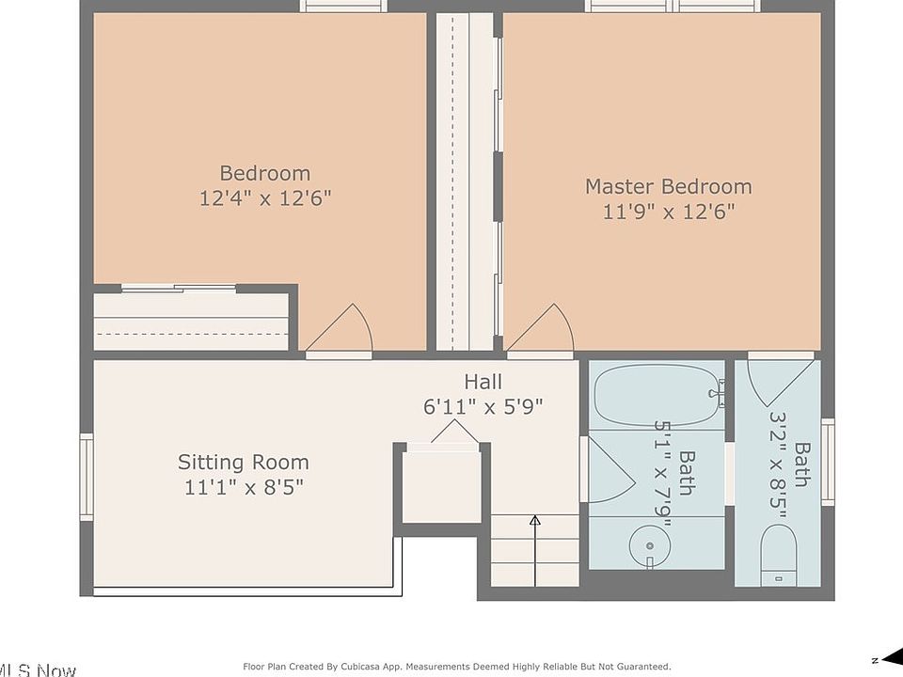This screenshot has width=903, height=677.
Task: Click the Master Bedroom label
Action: [669, 186]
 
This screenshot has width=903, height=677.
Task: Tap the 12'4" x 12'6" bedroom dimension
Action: [265, 198]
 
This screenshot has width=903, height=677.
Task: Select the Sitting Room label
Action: [243, 463]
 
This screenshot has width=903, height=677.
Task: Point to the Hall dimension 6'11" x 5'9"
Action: [483, 407]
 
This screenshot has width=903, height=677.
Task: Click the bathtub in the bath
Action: [657, 395]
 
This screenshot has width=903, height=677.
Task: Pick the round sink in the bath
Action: [650, 545]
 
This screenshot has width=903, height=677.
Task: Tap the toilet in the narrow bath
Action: [779, 556]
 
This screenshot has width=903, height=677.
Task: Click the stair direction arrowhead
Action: [535, 520]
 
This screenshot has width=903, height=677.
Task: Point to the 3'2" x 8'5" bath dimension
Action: [778, 460]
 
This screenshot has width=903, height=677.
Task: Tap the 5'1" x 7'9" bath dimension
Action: [663, 473]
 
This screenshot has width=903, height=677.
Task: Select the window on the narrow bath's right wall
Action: [828, 463]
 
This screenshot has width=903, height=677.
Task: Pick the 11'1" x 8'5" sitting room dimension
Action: [244, 488]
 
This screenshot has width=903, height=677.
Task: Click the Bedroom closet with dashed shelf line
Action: [191, 322]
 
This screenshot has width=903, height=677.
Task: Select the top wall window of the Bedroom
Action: [343, 6]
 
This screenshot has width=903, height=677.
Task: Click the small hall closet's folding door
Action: [455, 432]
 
